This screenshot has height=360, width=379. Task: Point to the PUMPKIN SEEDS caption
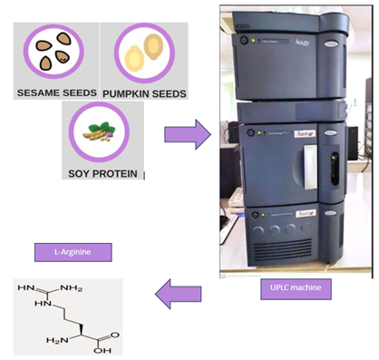pos(145,92)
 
